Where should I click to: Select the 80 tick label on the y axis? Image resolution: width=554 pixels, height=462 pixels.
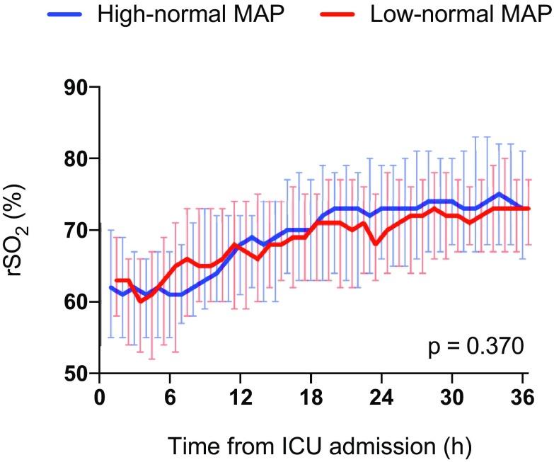(x=79, y=159)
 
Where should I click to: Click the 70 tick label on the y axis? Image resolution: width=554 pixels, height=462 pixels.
(x=79, y=231)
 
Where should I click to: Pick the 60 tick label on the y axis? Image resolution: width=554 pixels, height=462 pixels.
(x=79, y=302)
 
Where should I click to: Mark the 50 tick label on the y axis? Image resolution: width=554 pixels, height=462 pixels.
(x=79, y=374)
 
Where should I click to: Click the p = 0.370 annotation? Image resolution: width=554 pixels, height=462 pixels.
(x=476, y=347)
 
